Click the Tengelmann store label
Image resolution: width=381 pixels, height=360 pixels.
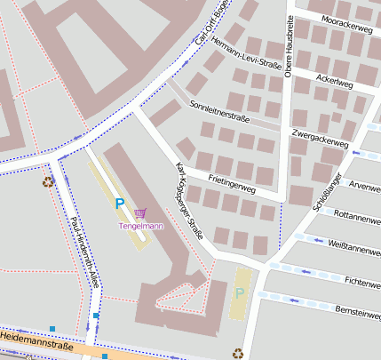click(x=140, y=226)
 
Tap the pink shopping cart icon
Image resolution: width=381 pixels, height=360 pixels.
click(x=140, y=213)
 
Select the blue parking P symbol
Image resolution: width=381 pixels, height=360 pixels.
click(x=119, y=204)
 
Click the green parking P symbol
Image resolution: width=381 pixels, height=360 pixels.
click(x=239, y=292)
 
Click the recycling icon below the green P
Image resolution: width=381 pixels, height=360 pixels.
click(x=238, y=353)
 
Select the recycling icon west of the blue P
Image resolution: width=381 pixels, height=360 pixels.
click(x=48, y=182)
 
